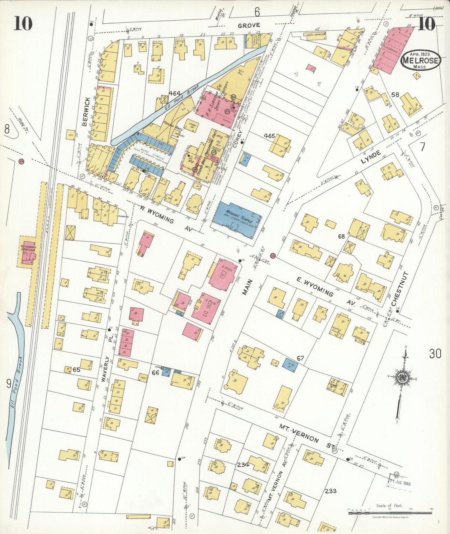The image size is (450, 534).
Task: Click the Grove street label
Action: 249,26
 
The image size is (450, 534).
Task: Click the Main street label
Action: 246,287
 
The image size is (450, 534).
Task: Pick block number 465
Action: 269,136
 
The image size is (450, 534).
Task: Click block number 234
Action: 243,465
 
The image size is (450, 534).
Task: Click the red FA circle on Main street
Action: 273,255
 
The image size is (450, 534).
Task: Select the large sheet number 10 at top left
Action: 23,23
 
